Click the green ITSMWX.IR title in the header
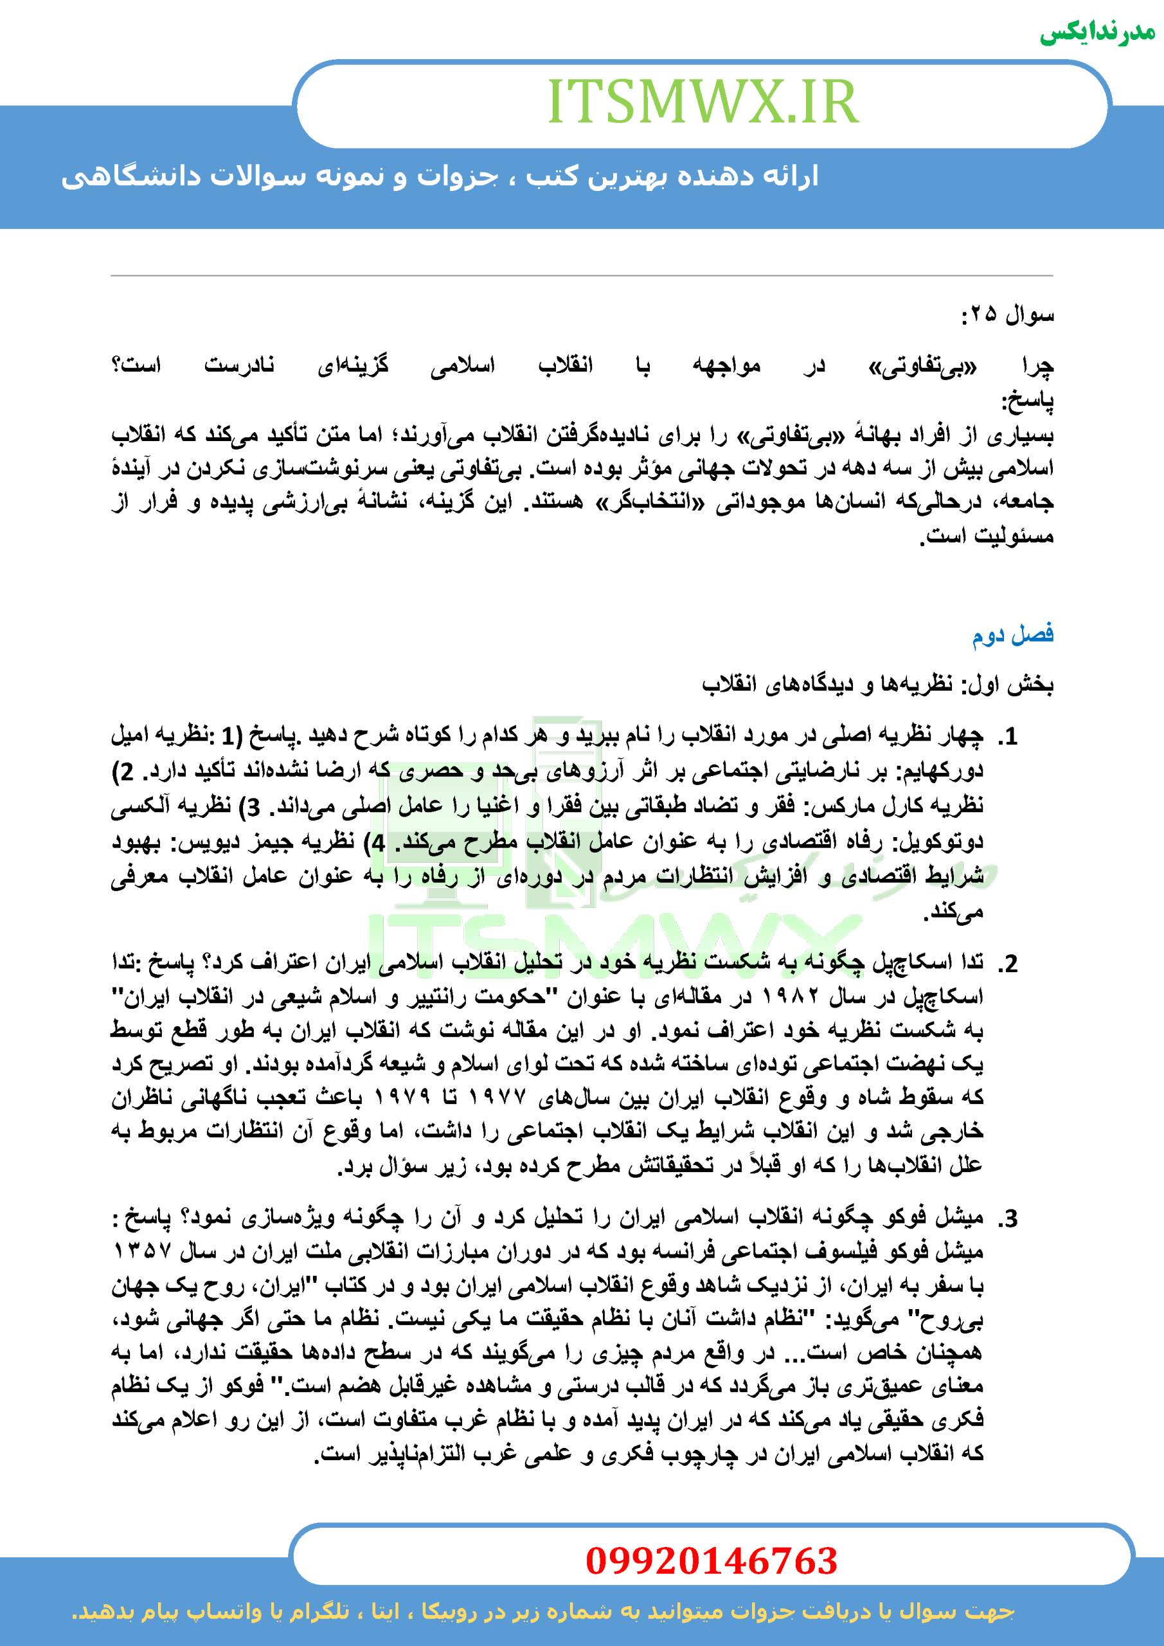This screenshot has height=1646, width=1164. (703, 102)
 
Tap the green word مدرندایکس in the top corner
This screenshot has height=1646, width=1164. (1097, 32)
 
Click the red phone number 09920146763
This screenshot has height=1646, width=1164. (711, 1560)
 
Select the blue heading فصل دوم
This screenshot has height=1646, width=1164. (1012, 635)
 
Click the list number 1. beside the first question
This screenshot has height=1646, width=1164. (1009, 736)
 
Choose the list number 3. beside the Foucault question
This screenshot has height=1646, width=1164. (1009, 1218)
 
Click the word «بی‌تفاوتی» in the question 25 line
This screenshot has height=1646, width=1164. (922, 367)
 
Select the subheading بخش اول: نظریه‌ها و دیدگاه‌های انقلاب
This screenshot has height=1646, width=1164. (877, 685)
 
